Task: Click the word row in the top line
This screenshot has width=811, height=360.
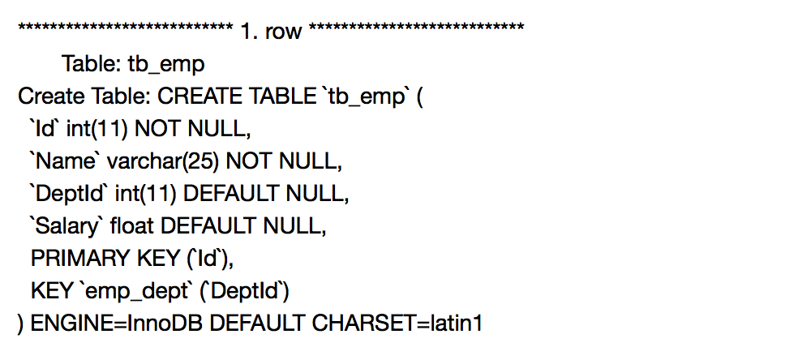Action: tap(283, 32)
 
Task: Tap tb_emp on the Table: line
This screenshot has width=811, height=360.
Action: tap(166, 64)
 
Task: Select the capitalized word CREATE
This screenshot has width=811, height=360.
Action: tap(195, 96)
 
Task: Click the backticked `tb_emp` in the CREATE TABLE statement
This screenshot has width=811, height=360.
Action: tap(364, 96)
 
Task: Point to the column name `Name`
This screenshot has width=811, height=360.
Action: tap(64, 161)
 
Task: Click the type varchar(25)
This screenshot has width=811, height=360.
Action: tap(163, 161)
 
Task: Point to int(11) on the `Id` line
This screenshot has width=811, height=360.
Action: tap(92, 129)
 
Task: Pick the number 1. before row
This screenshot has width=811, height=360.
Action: tap(248, 32)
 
